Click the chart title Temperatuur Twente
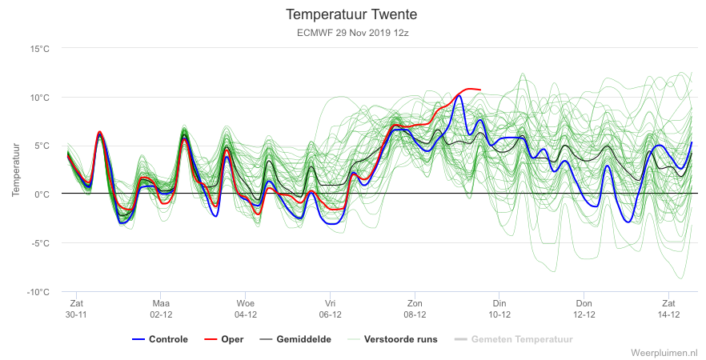(x=351, y=14)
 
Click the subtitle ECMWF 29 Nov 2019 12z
(x=352, y=33)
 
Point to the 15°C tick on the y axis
(x=40, y=49)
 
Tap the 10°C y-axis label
(x=40, y=98)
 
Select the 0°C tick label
(x=42, y=194)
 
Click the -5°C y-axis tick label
(x=41, y=243)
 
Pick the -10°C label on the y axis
(x=38, y=292)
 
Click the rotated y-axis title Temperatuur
(x=16, y=170)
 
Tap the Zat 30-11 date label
(x=76, y=309)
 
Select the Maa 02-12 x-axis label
(x=161, y=309)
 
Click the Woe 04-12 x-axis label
(x=246, y=309)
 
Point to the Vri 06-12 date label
(x=330, y=309)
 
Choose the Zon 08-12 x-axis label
(x=415, y=309)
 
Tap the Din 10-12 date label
(x=499, y=309)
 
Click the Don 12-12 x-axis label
(x=584, y=309)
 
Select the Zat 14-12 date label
(x=668, y=309)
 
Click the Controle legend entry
(x=160, y=339)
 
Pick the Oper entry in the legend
(x=224, y=339)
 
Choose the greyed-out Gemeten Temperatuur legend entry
(x=514, y=339)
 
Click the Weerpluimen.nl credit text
(x=668, y=352)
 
